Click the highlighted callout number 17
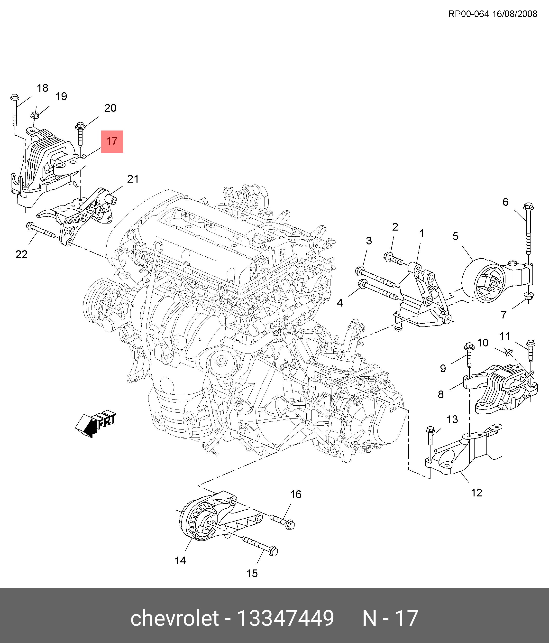tap(112, 141)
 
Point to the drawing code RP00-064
tap(468, 14)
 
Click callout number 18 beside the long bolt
tap(43, 88)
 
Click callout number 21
tap(133, 179)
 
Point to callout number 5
tap(455, 236)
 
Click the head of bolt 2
tap(388, 257)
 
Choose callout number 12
tap(476, 493)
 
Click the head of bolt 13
tap(430, 430)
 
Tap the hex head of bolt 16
tap(290, 525)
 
